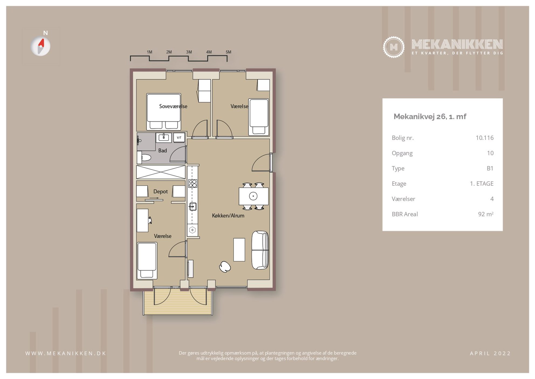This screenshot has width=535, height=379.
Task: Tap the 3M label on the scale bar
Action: point(189,52)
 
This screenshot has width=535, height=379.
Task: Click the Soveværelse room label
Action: point(173,106)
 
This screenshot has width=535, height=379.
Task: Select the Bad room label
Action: point(162,151)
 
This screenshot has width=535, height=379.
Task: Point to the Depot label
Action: point(160,192)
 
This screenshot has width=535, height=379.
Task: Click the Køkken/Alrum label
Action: point(228,216)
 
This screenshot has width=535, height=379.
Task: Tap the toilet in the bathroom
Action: point(144,157)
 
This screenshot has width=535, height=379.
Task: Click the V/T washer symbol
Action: point(179,138)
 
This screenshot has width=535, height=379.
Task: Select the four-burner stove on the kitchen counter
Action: point(193,184)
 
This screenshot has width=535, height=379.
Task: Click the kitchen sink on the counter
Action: point(193,207)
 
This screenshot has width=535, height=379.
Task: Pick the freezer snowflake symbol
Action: point(192,230)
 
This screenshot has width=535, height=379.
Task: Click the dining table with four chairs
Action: point(253,196)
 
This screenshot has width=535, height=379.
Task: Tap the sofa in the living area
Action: point(260,250)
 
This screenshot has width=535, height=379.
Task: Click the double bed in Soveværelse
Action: point(164,112)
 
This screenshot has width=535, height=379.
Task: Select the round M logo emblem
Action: point(394,47)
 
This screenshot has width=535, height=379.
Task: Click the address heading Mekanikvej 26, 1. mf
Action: point(430,117)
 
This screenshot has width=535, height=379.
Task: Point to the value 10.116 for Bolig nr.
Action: point(485,138)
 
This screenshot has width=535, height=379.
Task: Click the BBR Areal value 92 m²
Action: point(486,214)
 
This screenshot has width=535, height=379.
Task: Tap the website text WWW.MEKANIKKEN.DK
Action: point(66,353)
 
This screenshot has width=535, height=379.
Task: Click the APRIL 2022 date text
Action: point(490,353)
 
